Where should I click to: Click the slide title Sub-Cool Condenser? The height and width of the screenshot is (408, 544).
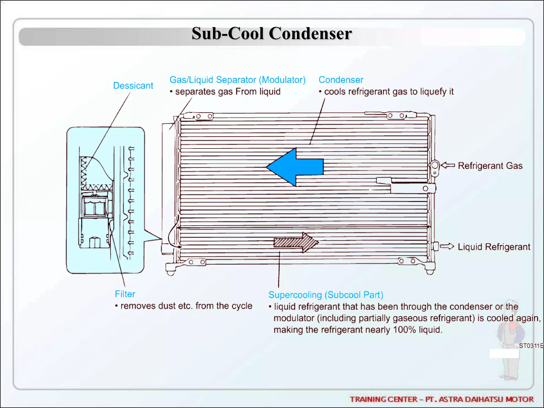[271, 34]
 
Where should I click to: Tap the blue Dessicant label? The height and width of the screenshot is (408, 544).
[133, 86]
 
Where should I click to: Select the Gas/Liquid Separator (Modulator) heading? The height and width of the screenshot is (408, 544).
[237, 80]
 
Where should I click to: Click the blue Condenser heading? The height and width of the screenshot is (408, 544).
[341, 80]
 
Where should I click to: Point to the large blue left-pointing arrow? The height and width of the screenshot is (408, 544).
[295, 167]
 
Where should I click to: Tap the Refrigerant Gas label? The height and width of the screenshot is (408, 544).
[490, 166]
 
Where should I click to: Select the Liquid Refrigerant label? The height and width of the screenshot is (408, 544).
[494, 247]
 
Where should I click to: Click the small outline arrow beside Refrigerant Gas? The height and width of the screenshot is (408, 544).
[448, 165]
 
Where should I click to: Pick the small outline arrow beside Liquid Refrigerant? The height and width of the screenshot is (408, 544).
[447, 246]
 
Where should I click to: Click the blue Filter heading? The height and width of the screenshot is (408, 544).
[125, 294]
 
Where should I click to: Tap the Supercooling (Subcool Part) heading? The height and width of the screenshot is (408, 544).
[326, 295]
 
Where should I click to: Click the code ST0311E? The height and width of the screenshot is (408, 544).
[531, 346]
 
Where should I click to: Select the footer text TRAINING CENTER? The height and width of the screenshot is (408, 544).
[384, 399]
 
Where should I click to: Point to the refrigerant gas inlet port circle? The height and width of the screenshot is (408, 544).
[435, 165]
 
